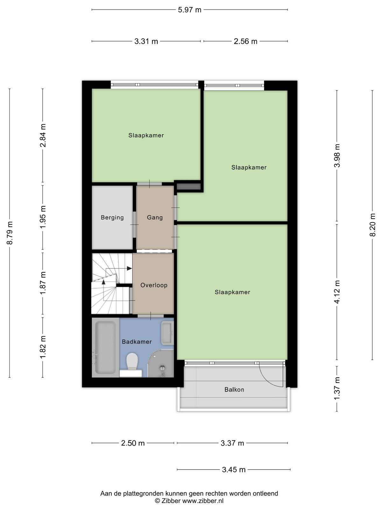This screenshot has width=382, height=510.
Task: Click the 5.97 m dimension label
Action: click(x=189, y=10)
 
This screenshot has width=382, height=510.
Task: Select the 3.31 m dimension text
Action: click(x=146, y=41)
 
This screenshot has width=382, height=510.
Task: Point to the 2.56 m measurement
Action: click(x=245, y=41)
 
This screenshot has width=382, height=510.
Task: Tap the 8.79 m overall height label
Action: click(x=10, y=233)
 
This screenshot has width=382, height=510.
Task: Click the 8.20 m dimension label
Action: click(x=372, y=225)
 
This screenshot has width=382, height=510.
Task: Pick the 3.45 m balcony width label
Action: click(x=234, y=470)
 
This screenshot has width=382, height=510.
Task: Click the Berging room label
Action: click(x=112, y=218)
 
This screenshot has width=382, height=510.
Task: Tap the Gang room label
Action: click(x=155, y=218)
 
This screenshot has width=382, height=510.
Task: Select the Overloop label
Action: click(x=154, y=285)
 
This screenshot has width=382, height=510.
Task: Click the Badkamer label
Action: click(x=137, y=342)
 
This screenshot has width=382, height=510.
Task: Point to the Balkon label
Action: click(x=234, y=390)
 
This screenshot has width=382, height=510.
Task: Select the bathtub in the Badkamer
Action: click(x=106, y=347)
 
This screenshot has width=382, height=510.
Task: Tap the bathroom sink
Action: click(x=167, y=333)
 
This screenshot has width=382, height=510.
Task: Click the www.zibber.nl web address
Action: click(x=203, y=501)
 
